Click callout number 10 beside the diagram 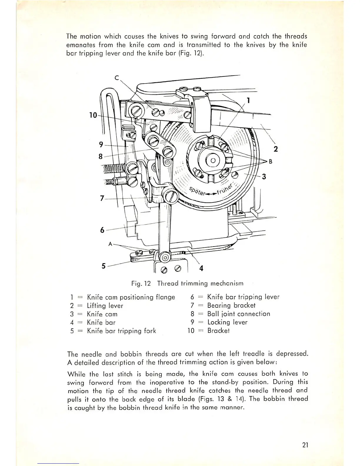point(93,115)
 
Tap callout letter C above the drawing point(117,78)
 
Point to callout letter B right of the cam point(270,161)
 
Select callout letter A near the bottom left point(111,244)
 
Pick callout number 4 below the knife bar point(201,268)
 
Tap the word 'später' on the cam point(196,192)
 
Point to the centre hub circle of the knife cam point(213,160)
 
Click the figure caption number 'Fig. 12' point(141,284)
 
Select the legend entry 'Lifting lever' point(105,306)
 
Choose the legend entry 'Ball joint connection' point(239,314)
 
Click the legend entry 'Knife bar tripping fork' point(121,331)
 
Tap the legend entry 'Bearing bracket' point(231,305)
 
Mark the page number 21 point(305,445)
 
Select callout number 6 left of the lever point(102,230)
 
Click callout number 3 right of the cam point(264,177)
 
